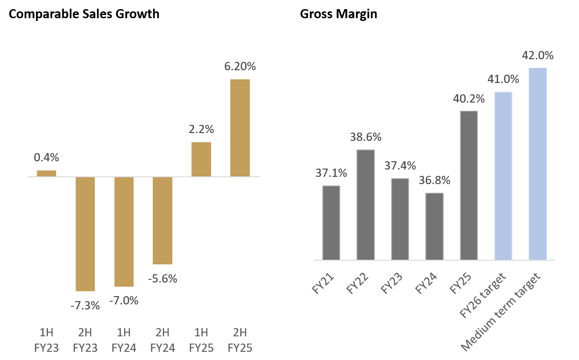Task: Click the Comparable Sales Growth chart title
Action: tap(84, 14)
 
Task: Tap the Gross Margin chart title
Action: tap(338, 14)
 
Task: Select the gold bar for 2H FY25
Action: tap(240, 128)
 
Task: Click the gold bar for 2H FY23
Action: tap(85, 234)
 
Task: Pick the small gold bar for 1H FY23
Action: tap(47, 174)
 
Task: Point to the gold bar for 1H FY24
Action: tap(124, 231)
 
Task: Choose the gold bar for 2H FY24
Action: tap(162, 221)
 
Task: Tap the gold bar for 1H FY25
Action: tap(201, 159)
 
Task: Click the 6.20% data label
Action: tap(240, 67)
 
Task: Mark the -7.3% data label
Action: tap(85, 305)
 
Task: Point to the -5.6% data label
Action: tap(162, 278)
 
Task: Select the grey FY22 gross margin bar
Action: tap(366, 205)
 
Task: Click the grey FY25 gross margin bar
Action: tap(469, 185)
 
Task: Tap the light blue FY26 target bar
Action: tap(503, 176)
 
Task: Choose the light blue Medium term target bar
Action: tap(538, 164)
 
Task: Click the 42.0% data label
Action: tap(538, 56)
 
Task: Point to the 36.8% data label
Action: tap(434, 180)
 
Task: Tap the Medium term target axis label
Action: tap(501, 312)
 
